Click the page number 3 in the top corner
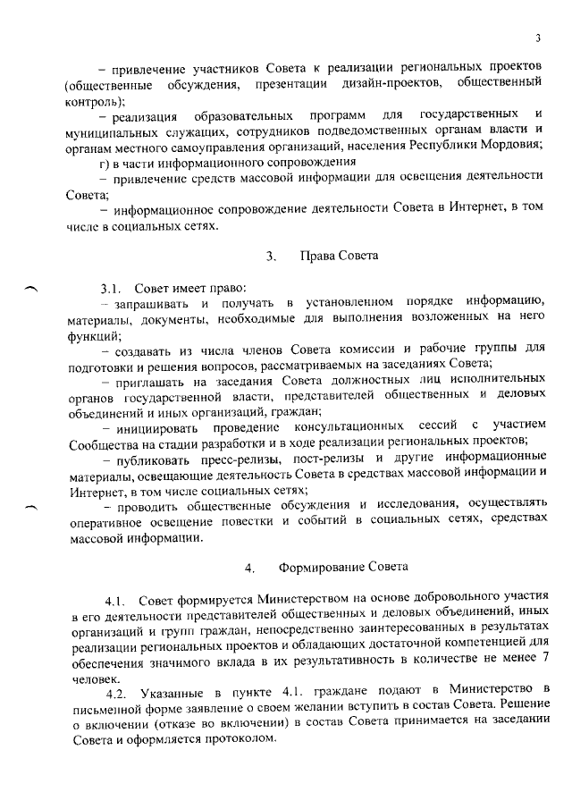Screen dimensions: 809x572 538,37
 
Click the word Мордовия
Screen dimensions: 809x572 509,146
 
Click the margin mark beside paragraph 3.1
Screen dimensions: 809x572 31,287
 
